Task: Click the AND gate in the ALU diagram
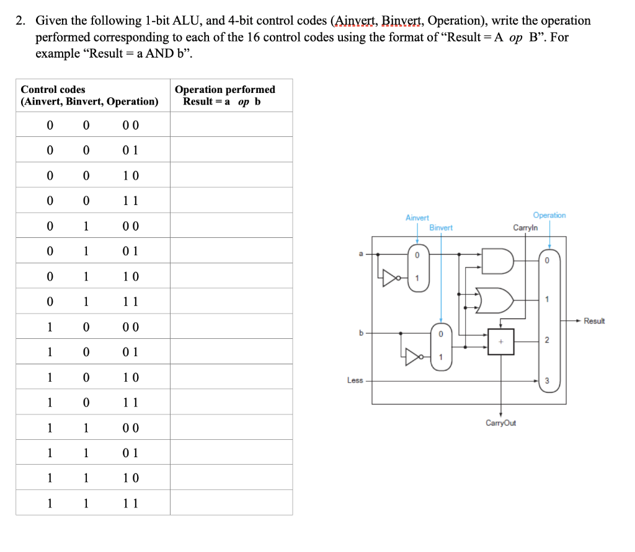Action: click(x=497, y=261)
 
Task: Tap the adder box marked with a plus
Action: click(x=501, y=341)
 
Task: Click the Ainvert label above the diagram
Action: click(x=417, y=218)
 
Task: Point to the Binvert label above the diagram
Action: click(x=441, y=228)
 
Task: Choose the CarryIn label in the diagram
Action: click(x=525, y=228)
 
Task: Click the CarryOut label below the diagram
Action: click(x=500, y=423)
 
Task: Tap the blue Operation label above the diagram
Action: click(x=549, y=216)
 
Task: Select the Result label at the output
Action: click(x=593, y=321)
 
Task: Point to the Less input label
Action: click(x=355, y=380)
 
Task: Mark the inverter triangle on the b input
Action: click(x=414, y=356)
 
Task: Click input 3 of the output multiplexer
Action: click(x=546, y=380)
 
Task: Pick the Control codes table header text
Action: click(x=53, y=90)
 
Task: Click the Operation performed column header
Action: click(x=224, y=90)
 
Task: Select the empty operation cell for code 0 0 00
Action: click(x=231, y=125)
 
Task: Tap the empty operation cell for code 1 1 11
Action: click(x=231, y=503)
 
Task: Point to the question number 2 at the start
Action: click(x=20, y=20)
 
